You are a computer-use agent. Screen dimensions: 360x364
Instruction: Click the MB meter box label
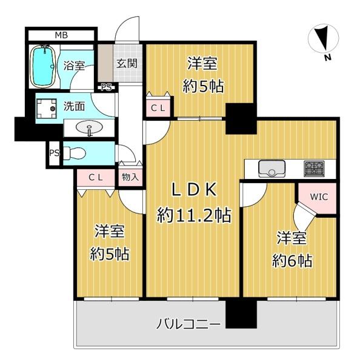[x=61, y=35]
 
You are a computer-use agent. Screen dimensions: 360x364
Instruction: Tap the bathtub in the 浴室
[x=43, y=66]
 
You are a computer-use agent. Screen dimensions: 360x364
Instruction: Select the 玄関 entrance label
[x=127, y=63]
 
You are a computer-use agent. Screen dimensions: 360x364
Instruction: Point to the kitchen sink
[x=272, y=169]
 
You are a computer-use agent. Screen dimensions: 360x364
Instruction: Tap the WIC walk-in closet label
[x=319, y=197]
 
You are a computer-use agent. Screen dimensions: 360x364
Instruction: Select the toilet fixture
[x=74, y=153]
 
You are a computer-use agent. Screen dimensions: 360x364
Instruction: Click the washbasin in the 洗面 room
[x=89, y=128]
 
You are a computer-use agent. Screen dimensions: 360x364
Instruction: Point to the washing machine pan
[x=47, y=109]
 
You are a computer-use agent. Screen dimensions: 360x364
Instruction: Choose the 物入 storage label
[x=130, y=177]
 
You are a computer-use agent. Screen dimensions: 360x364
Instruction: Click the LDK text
[x=194, y=190]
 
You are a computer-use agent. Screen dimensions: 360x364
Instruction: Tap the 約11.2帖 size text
[x=194, y=215]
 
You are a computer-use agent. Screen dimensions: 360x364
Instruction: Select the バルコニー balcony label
[x=188, y=323]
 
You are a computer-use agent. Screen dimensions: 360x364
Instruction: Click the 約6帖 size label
[x=292, y=261]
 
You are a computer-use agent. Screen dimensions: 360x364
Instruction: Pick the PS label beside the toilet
[x=55, y=153]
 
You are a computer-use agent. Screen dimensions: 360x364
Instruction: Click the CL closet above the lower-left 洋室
[x=96, y=178]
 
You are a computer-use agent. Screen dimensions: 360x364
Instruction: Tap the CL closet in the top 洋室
[x=158, y=108]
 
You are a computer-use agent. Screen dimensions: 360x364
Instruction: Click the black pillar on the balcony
[x=241, y=314]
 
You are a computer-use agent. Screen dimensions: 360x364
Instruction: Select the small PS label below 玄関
[x=107, y=88]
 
